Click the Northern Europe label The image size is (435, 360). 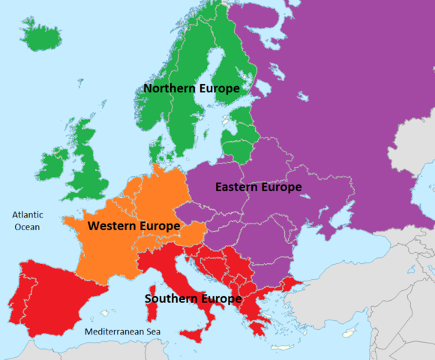[192, 88]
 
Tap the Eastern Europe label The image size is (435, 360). [258, 187]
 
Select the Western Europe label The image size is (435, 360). [133, 226]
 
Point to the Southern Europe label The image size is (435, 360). [193, 298]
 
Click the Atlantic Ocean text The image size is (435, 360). [27, 220]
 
